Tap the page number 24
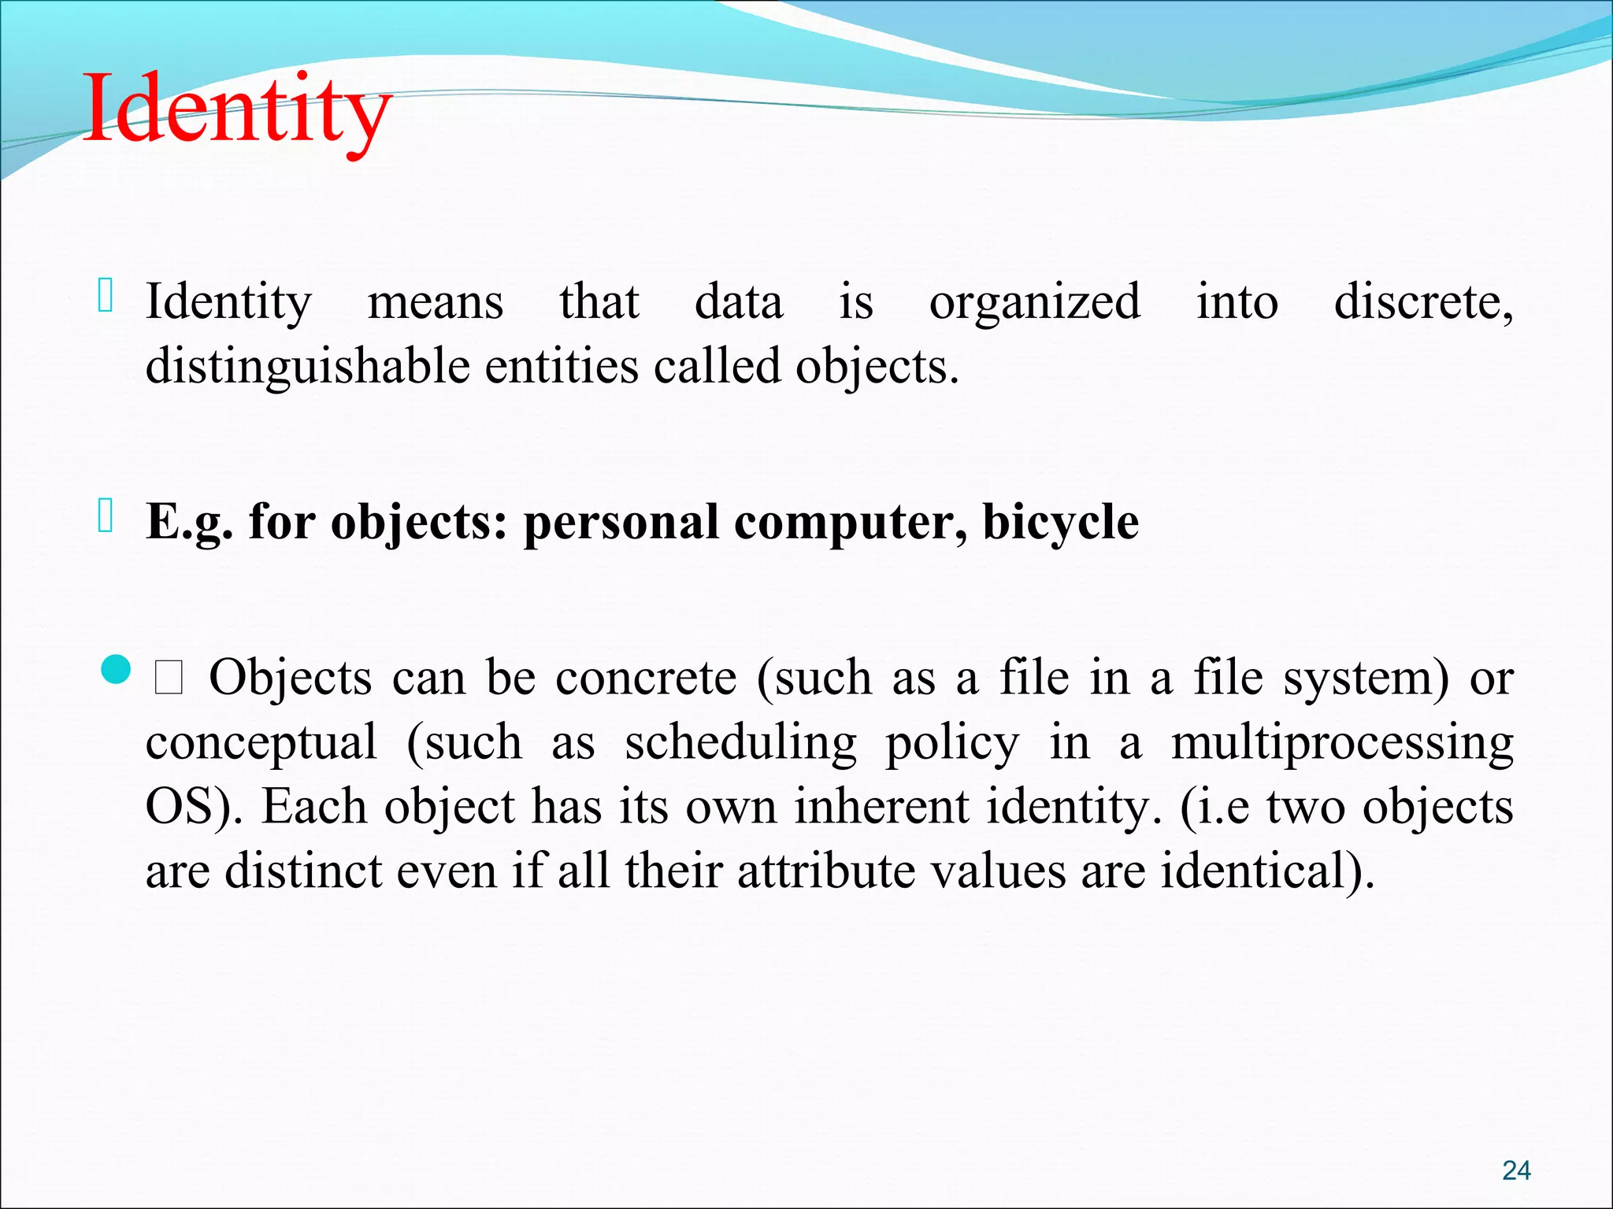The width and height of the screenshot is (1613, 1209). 1516,1170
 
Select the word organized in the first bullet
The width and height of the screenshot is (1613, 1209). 1034,302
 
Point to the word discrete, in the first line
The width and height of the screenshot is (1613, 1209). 1423,302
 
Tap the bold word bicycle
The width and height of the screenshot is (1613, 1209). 1060,523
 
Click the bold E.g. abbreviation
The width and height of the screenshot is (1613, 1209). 190,523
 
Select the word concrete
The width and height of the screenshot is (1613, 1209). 646,678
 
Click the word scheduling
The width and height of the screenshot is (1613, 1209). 740,743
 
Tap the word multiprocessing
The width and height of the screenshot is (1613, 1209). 1341,743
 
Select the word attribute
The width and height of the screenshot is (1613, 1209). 826,871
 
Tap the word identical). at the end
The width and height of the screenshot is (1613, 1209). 1267,871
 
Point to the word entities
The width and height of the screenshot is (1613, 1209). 561,367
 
